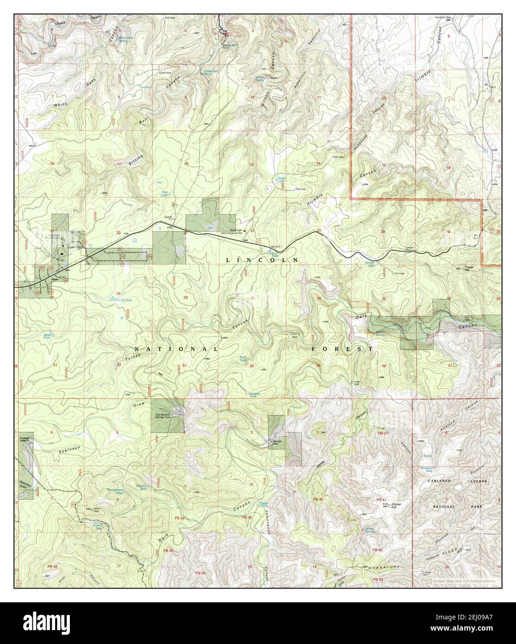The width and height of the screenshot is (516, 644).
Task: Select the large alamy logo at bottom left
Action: click(x=46, y=624)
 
